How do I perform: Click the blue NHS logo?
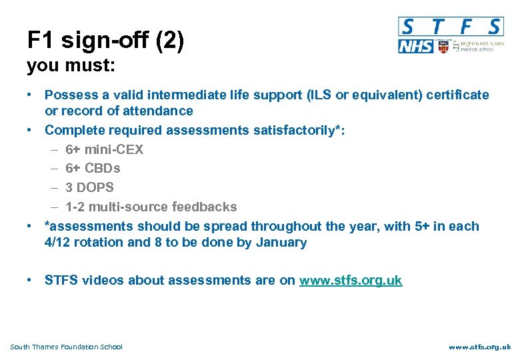point(415,47)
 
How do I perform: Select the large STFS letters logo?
point(450,27)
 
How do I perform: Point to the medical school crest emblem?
point(443,47)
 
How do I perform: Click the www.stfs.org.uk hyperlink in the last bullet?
point(351,280)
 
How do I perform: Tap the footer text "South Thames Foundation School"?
point(67,347)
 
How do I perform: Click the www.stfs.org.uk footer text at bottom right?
point(479,347)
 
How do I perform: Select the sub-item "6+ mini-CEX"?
point(104,149)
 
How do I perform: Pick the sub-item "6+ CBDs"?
point(93,169)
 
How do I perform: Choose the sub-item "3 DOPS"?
point(89,187)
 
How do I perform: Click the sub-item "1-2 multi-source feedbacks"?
point(151,207)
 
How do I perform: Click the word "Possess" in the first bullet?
point(69,95)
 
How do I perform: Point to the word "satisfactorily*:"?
point(299,130)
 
